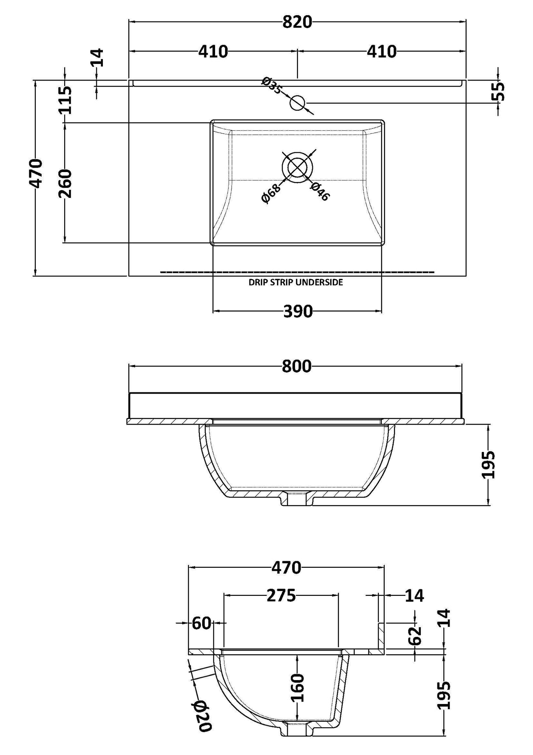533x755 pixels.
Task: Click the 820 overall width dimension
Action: (x=297, y=23)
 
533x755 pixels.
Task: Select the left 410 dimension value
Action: (x=213, y=52)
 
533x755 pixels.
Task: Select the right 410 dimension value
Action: (x=381, y=52)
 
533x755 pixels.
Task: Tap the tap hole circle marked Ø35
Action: (x=297, y=103)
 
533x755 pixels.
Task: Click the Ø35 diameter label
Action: (x=272, y=85)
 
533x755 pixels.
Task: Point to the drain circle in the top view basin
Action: (x=297, y=167)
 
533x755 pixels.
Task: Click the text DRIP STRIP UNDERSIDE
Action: (x=296, y=282)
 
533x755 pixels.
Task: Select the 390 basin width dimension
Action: (x=298, y=312)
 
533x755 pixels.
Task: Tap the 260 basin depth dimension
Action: (x=65, y=183)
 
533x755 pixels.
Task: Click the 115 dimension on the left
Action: (x=65, y=100)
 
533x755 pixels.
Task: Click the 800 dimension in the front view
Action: (x=297, y=367)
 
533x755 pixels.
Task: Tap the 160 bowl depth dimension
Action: (x=297, y=687)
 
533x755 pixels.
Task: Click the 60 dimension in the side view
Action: (x=201, y=623)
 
